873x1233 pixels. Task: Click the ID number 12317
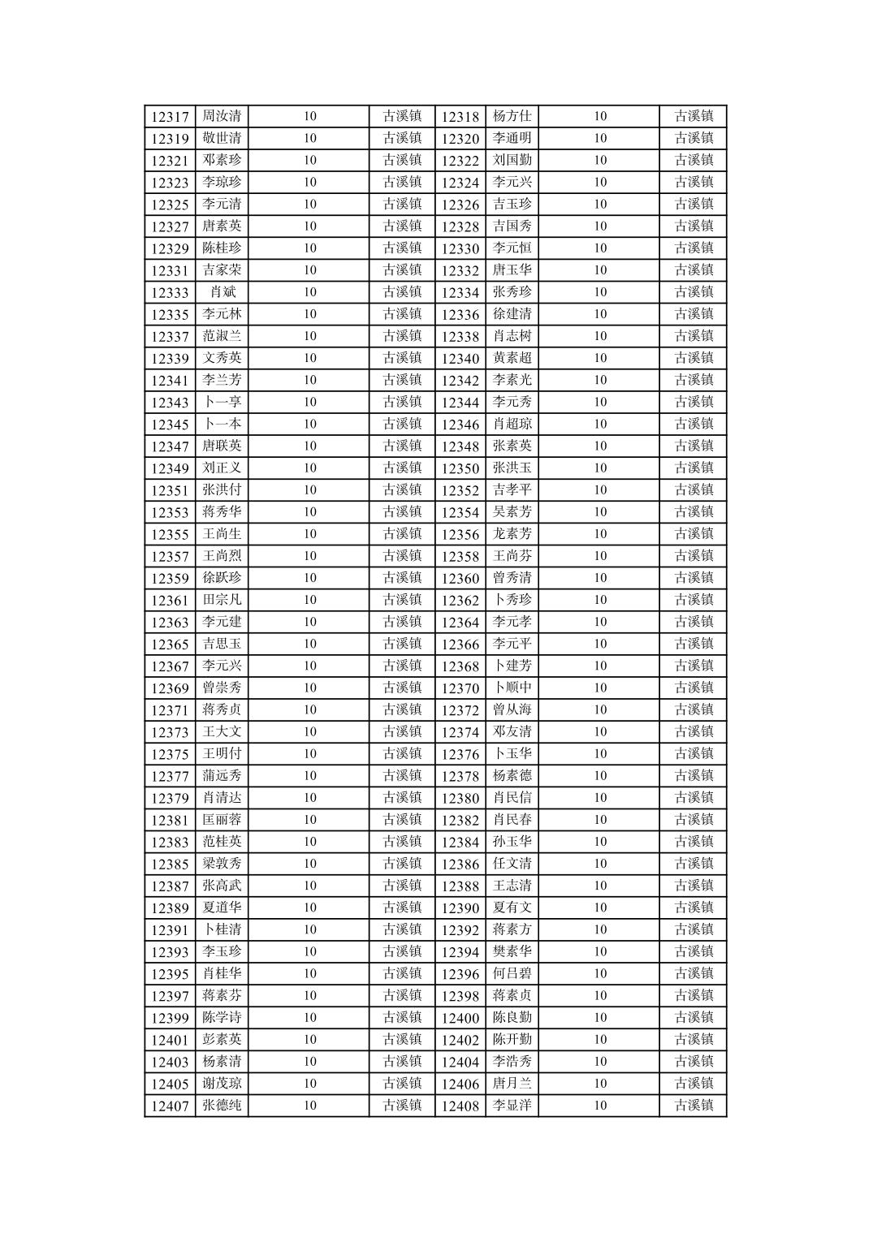coord(170,117)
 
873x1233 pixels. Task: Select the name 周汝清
coord(222,116)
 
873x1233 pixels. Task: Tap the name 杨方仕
coord(512,116)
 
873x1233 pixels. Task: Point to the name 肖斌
coord(222,292)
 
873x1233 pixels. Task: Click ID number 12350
coord(460,468)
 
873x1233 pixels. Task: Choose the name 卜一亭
coord(222,402)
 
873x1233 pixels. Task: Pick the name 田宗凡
coord(222,600)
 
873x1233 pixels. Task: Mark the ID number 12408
coord(460,1106)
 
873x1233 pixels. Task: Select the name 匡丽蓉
coord(222,820)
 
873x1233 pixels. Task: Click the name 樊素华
coord(512,951)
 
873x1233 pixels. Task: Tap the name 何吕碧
coord(512,973)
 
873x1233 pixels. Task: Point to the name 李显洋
coord(512,1106)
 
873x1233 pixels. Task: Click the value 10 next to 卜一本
coord(310,424)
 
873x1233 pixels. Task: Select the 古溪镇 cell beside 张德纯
coord(402,1106)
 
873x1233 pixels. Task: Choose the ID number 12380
coord(460,798)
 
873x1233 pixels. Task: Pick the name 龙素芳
coord(512,534)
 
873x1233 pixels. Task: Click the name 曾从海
coord(512,709)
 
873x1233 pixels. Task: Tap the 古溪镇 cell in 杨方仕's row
coord(694,116)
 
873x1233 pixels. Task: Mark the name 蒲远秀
coord(222,776)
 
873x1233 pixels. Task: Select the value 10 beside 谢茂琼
coord(310,1084)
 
